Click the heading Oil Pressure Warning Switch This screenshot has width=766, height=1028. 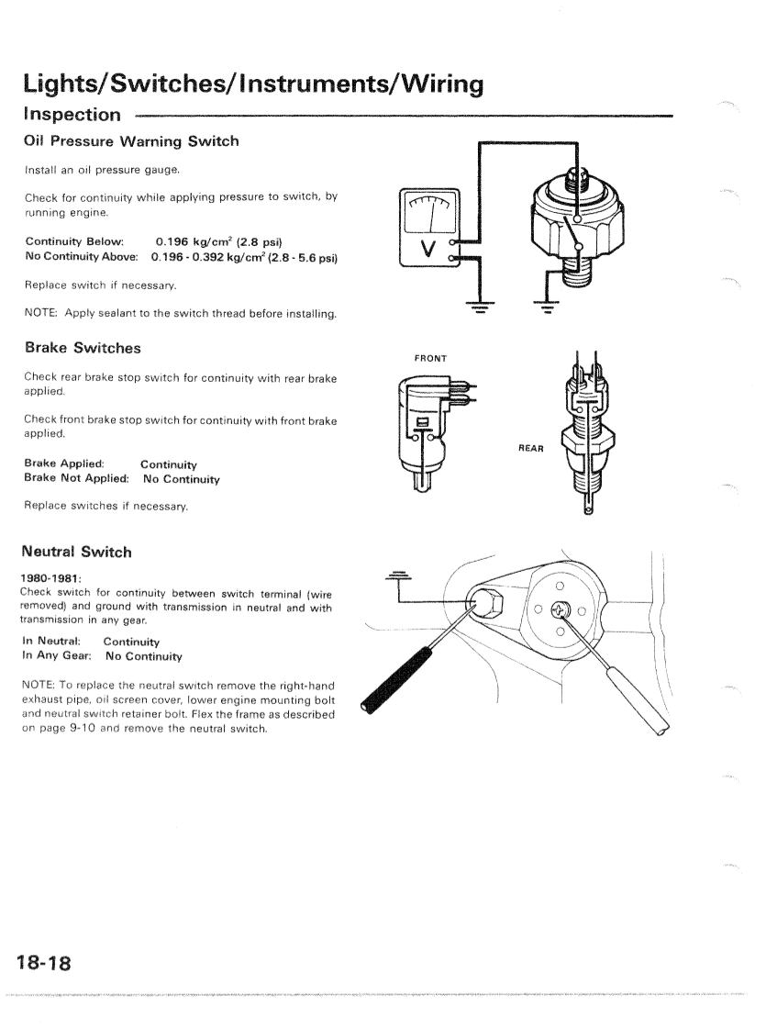(x=131, y=141)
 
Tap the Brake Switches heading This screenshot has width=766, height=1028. (x=82, y=348)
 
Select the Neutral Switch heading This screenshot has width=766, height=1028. (x=77, y=552)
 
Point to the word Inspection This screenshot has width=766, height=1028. (x=72, y=115)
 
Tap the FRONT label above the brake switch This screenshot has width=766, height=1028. (x=429, y=358)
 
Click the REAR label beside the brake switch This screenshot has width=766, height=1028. (x=531, y=449)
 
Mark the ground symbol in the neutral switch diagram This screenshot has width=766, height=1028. (x=400, y=575)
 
